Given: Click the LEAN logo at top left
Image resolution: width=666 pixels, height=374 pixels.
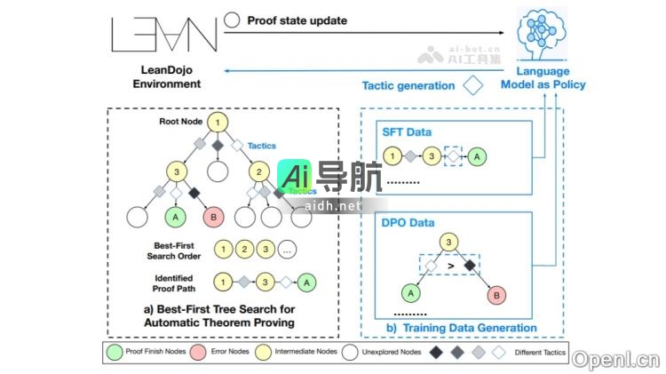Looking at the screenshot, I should [x=165, y=33].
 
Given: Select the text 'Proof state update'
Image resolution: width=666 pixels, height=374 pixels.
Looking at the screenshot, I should [x=297, y=19].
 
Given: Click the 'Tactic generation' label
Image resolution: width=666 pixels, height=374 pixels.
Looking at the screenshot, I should [x=408, y=86].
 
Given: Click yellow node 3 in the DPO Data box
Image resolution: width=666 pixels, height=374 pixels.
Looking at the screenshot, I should [x=449, y=241].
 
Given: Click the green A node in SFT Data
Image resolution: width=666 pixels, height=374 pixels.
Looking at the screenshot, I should [x=479, y=157].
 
